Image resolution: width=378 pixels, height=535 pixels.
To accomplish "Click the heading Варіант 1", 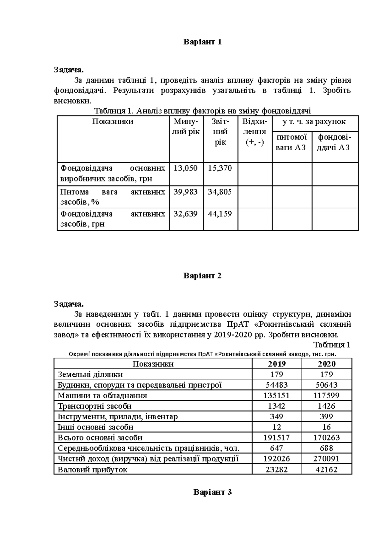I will pyautogui.click(x=203, y=42).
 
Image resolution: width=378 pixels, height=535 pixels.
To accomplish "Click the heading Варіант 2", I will pyautogui.click(x=203, y=276).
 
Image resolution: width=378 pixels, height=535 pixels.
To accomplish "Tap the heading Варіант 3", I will pyautogui.click(x=213, y=492).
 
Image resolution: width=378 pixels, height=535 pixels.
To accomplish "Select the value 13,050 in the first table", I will pyautogui.click(x=186, y=168).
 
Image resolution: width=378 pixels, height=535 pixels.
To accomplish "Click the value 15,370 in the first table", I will pyautogui.click(x=220, y=168).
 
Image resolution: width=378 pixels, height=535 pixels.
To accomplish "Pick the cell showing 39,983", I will pyautogui.click(x=186, y=192).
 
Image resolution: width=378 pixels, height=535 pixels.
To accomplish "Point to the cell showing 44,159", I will pyautogui.click(x=220, y=214).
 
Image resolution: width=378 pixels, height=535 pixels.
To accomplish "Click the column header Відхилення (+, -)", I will pyautogui.click(x=255, y=132).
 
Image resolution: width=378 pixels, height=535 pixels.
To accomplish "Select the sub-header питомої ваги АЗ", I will pyautogui.click(x=292, y=142).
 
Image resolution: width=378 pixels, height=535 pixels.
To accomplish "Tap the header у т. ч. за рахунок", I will pyautogui.click(x=315, y=122).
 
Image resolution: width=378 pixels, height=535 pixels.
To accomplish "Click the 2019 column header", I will pyautogui.click(x=277, y=364).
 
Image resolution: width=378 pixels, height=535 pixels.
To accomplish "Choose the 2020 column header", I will pyautogui.click(x=327, y=364).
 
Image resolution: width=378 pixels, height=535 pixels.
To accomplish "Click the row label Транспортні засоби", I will pyautogui.click(x=94, y=406).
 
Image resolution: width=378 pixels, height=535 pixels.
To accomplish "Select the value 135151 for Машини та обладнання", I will pyautogui.click(x=277, y=395).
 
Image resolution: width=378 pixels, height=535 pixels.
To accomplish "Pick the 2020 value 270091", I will pyautogui.click(x=327, y=459).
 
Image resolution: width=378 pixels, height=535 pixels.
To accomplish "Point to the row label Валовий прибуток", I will pyautogui.click(x=92, y=470).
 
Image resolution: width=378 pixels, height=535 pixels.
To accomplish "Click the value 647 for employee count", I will pyautogui.click(x=277, y=448).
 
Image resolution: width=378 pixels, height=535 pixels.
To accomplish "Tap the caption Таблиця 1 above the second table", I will pyautogui.click(x=332, y=345).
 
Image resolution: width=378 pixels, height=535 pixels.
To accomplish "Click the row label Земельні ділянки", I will pyautogui.click(x=90, y=375).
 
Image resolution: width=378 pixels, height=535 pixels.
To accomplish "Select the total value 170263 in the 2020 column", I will pyautogui.click(x=327, y=438).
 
